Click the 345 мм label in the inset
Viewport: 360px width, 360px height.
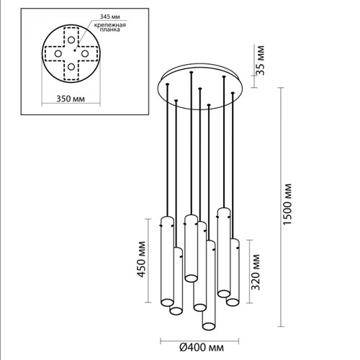(110, 17)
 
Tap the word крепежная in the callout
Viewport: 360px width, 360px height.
(110, 25)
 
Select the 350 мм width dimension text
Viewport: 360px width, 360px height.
(71, 99)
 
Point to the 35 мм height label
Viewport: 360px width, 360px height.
(261, 60)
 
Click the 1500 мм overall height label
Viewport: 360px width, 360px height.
(287, 204)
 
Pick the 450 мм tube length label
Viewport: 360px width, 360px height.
(142, 259)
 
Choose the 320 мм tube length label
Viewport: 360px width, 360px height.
(256, 272)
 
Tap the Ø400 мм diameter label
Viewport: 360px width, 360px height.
(202, 347)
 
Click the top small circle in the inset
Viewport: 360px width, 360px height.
(71, 40)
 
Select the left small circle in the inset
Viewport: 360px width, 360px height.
(58, 53)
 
